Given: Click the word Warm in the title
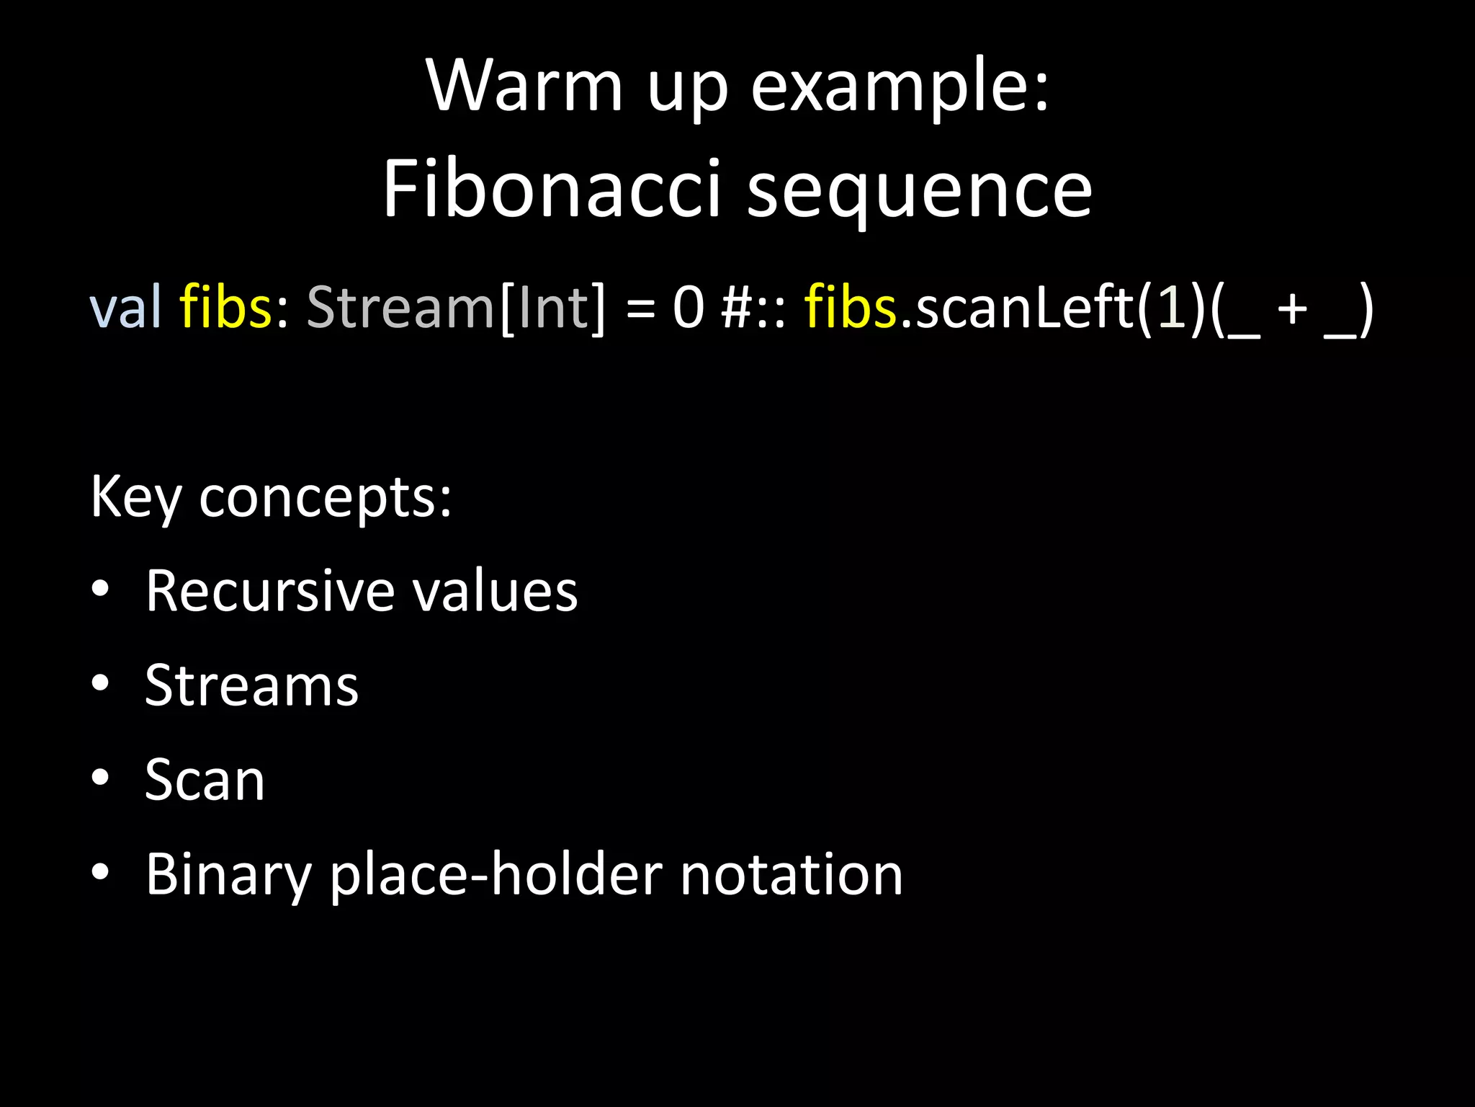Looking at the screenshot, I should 524,86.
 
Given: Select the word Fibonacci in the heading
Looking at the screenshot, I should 551,190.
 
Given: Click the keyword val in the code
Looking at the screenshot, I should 125,308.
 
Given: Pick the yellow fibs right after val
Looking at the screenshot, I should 225,308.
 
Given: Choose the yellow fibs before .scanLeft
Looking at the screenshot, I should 850,308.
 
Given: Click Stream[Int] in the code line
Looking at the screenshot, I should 457,308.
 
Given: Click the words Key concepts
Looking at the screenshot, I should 271,497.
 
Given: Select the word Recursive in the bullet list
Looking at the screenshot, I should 269,591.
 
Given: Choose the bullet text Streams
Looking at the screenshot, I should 251,685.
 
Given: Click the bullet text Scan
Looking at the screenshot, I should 205,780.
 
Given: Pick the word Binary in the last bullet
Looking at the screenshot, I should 228,875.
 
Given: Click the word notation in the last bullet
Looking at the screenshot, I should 791,875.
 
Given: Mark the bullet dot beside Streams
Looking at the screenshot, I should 100,683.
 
